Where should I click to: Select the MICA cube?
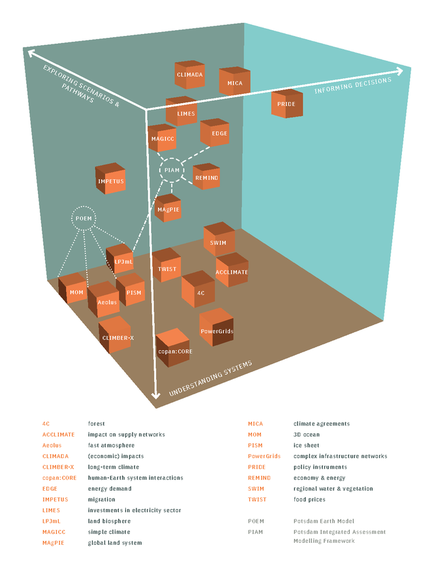pos(234,82)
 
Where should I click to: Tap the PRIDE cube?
pos(287,104)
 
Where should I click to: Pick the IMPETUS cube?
pos(110,179)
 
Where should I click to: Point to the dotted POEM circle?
pos(84,219)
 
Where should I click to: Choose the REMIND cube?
pos(206,177)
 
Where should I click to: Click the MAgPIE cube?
pos(168,208)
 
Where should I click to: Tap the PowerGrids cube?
pos(217,329)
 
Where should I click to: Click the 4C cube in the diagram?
pos(199,291)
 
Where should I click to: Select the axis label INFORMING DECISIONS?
pos(352,85)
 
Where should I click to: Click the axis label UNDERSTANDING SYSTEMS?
pos(210,379)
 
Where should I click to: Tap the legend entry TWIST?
pos(256,500)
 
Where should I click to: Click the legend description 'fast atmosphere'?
pos(112,445)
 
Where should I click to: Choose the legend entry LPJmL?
pos(52,521)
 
